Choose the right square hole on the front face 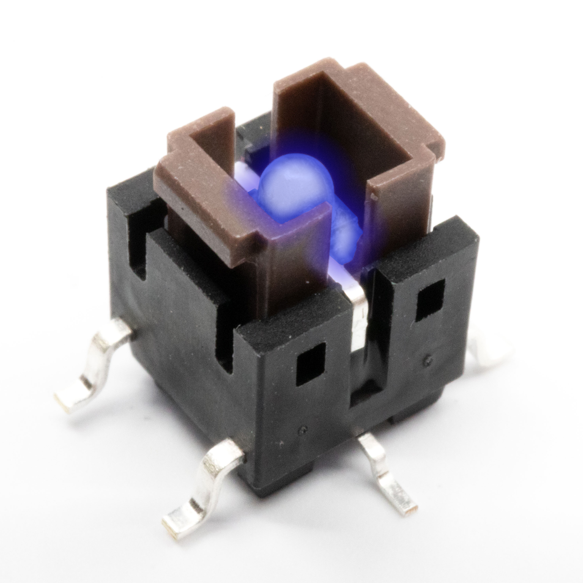tap(430, 300)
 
